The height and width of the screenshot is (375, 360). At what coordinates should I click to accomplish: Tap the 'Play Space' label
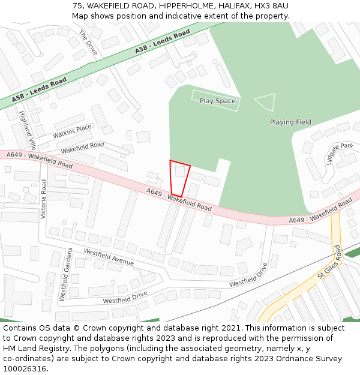coord(217,101)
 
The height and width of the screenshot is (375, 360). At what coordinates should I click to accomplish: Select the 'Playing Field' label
coord(290,122)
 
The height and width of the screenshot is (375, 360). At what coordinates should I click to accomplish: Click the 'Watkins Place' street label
coord(72,131)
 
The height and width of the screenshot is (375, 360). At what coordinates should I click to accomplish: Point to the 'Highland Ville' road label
coord(28,130)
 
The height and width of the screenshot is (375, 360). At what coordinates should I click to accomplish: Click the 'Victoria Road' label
coord(43,198)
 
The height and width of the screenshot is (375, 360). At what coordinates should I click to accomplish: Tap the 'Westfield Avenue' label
coord(109,257)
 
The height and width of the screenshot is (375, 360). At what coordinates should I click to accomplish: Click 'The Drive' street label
coord(88,43)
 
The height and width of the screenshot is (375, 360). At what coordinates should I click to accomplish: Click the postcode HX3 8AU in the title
coord(271,5)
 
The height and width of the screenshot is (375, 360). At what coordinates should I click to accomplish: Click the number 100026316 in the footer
coord(25,368)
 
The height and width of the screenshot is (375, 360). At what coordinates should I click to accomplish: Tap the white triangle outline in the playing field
coord(266,101)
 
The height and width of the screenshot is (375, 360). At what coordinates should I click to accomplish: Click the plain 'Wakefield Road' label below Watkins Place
coord(82,146)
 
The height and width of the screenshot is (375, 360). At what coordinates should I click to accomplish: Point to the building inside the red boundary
coord(179,171)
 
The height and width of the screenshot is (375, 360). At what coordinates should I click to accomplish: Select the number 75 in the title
coord(77,5)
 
